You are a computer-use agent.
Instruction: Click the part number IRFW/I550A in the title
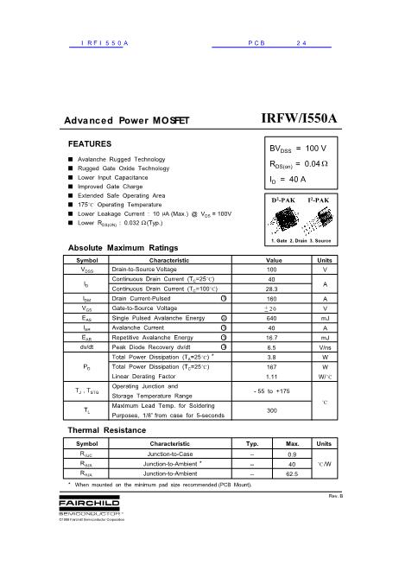[299, 118]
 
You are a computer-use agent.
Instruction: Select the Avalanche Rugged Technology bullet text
[121, 160]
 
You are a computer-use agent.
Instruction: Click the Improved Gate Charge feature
[110, 186]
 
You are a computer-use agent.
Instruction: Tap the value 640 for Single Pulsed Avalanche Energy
[271, 318]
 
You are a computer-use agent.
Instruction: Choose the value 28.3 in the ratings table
[271, 289]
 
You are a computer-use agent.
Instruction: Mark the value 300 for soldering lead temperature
[271, 410]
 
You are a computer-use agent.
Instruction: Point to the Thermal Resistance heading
[105, 429]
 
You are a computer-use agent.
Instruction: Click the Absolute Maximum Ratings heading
[123, 248]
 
